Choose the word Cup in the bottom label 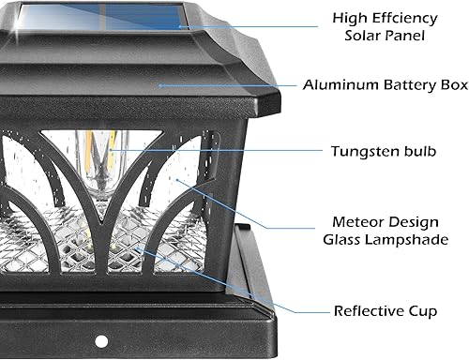(x=422, y=309)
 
